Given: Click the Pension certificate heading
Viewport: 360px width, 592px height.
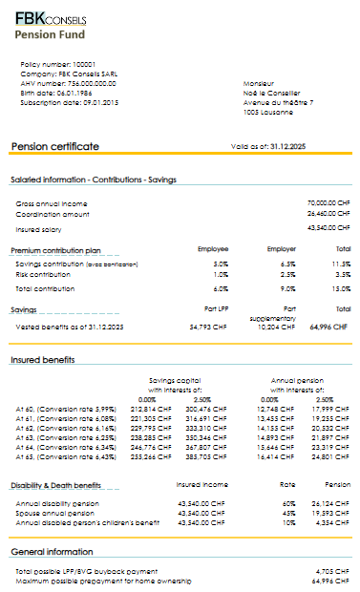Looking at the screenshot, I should (x=54, y=146).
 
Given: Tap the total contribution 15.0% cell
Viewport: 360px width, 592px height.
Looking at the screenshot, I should (x=341, y=287).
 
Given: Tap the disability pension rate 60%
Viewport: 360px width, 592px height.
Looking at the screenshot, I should (x=287, y=502).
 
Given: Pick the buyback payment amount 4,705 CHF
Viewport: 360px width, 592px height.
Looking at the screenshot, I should (x=333, y=570).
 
